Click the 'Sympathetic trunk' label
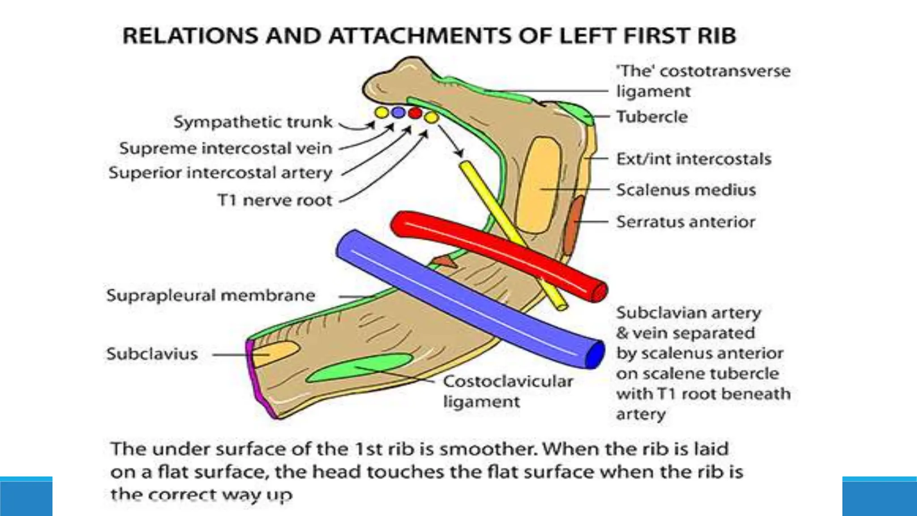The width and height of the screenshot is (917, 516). [x=253, y=122]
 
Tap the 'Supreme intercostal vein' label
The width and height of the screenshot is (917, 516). [x=226, y=148]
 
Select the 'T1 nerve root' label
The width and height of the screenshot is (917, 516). [x=275, y=200]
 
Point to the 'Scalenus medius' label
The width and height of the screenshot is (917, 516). [x=686, y=190]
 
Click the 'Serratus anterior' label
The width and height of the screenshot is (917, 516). [x=685, y=222]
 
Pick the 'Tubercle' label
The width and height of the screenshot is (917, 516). [x=651, y=117]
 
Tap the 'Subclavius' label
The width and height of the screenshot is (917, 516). [x=152, y=354]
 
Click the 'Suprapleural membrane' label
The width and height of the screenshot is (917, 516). [x=210, y=296]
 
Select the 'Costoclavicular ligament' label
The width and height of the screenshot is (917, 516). [x=507, y=391]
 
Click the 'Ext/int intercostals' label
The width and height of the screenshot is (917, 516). [x=693, y=159]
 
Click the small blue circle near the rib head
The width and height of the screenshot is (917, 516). [x=398, y=112]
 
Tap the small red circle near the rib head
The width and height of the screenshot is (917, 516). [x=415, y=112]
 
